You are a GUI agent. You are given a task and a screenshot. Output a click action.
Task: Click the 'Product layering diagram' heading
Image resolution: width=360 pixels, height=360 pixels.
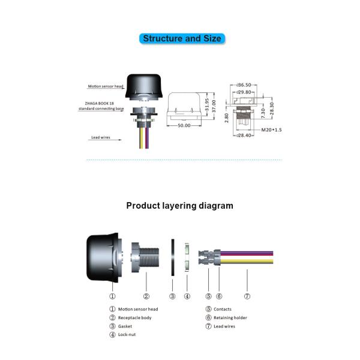click(179, 205)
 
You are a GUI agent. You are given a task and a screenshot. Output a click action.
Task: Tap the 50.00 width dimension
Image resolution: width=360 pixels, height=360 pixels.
click(184, 126)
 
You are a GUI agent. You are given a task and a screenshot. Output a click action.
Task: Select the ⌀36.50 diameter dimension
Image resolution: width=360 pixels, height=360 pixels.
click(244, 85)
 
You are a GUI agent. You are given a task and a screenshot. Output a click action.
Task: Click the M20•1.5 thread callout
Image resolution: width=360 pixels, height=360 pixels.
click(271, 130)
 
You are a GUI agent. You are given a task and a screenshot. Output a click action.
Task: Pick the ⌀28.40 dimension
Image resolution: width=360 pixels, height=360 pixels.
click(244, 136)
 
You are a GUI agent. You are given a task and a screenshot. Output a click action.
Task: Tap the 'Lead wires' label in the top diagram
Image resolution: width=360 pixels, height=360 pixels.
click(103, 137)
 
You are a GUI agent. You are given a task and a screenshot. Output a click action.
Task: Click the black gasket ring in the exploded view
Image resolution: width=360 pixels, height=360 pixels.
click(173, 256)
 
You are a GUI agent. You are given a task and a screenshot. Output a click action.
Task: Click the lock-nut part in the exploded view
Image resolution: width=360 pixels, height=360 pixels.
click(187, 256)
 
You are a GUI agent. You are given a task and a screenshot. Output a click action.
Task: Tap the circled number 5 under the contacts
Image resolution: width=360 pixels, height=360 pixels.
click(208, 296)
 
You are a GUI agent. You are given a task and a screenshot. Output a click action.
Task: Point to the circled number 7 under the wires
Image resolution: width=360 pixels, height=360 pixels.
click(247, 296)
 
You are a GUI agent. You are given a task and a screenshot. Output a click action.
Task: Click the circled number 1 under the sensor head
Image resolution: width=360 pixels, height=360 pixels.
click(112, 296)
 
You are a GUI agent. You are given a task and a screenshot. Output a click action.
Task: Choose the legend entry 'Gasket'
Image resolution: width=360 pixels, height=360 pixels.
click(126, 326)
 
